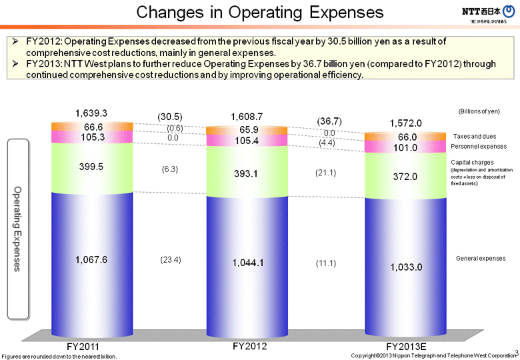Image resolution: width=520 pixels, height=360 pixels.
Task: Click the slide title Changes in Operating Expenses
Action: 260,13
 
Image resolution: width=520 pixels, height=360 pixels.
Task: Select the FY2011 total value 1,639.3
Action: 91,113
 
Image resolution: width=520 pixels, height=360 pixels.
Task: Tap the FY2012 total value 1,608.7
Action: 247,117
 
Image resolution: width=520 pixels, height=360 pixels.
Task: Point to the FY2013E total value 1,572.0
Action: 405,123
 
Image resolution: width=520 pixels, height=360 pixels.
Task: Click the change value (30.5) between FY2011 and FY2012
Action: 170,116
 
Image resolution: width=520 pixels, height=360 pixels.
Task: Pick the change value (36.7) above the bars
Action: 329,121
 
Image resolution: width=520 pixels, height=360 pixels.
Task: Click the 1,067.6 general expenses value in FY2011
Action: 91,259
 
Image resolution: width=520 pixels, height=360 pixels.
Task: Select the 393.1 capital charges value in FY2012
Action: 247,173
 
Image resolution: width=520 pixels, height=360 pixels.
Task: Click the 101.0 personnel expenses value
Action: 407,148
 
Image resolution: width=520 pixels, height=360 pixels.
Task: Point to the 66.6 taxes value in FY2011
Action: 93,127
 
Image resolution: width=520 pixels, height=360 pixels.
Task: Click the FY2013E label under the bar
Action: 406,347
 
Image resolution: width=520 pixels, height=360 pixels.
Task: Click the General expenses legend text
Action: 480,258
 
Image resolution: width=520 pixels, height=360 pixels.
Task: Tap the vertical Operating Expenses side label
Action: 18,229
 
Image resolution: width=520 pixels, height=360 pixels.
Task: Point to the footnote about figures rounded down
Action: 59,356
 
